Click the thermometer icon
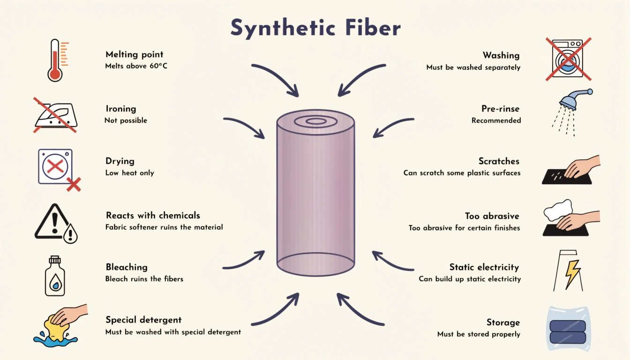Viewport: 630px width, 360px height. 55,60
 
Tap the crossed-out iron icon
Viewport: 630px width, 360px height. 55,115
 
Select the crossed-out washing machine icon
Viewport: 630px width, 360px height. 569,59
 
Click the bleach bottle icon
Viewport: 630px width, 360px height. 55,276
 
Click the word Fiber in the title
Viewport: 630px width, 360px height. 373,28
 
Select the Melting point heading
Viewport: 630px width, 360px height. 135,54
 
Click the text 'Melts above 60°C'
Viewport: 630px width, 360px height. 136,66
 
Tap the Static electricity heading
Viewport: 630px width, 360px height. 484,267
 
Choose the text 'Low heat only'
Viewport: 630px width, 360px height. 130,172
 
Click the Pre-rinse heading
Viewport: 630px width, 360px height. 500,109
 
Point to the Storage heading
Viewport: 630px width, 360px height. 503,322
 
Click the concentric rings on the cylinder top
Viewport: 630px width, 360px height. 315,122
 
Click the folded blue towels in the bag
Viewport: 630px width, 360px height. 568,331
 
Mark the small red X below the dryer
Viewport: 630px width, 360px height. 74,184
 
